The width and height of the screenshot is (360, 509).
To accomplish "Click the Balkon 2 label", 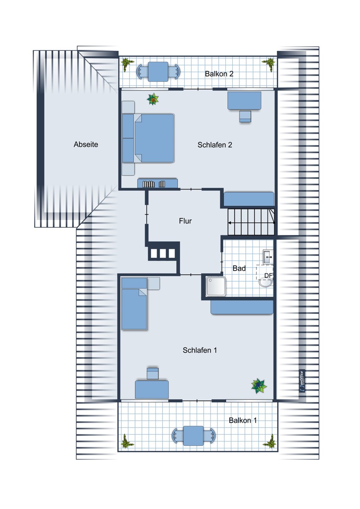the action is [219, 74].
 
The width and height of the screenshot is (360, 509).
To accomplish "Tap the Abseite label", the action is [86, 144].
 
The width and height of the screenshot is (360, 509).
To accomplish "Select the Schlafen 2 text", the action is [215, 145].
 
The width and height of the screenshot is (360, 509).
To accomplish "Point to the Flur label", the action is [185, 221].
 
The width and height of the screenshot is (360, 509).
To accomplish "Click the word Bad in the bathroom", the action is [239, 268].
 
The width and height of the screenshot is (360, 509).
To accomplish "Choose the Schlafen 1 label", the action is [200, 350].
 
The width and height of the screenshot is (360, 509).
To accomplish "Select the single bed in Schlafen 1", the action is [134, 303].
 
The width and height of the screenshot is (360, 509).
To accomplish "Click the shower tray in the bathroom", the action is [216, 286].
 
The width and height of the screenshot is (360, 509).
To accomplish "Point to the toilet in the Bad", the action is [266, 282].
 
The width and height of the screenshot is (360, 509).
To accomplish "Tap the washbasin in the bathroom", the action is [268, 257].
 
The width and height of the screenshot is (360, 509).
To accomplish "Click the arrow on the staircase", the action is [251, 223].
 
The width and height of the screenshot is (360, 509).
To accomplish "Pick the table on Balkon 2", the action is [158, 72].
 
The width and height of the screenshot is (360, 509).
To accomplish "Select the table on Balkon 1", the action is [193, 436].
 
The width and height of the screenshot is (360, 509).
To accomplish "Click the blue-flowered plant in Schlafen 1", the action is [259, 386].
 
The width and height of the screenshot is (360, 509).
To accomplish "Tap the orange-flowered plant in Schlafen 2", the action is [153, 99].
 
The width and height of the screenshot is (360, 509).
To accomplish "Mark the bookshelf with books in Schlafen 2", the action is [157, 183].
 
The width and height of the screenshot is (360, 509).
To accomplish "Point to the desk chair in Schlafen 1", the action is [152, 374].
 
